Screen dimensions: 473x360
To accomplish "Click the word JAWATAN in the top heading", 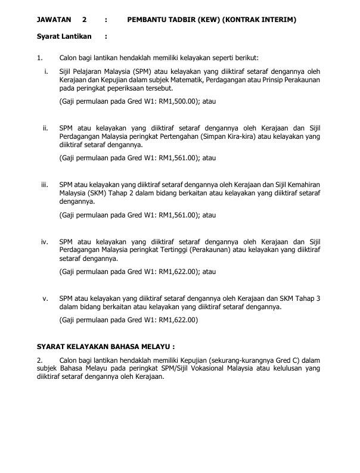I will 54,20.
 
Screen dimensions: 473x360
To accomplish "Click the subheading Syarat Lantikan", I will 64,36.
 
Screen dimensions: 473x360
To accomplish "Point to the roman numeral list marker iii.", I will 45,185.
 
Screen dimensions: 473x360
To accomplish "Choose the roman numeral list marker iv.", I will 45,242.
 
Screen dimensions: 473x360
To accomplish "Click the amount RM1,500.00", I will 178,102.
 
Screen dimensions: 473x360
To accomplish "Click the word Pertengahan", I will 169,136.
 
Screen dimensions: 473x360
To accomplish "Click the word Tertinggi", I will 169,250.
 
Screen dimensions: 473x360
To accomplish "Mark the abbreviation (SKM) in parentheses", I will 94,193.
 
